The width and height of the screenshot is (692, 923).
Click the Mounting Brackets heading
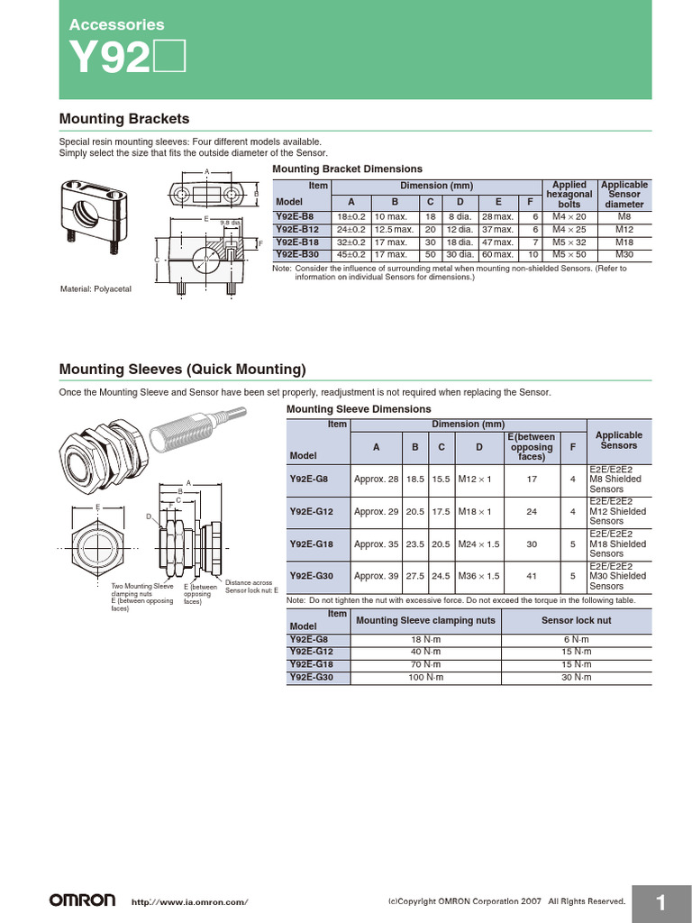click(123, 119)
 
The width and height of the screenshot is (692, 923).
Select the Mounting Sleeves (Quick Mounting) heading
click(182, 370)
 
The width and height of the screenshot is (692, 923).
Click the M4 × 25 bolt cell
click(569, 230)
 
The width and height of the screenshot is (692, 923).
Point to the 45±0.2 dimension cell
click(351, 255)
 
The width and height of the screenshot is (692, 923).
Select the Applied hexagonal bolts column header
click(569, 195)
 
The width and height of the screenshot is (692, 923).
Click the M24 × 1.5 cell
click(479, 544)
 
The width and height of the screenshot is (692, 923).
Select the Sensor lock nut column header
click(576, 620)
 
